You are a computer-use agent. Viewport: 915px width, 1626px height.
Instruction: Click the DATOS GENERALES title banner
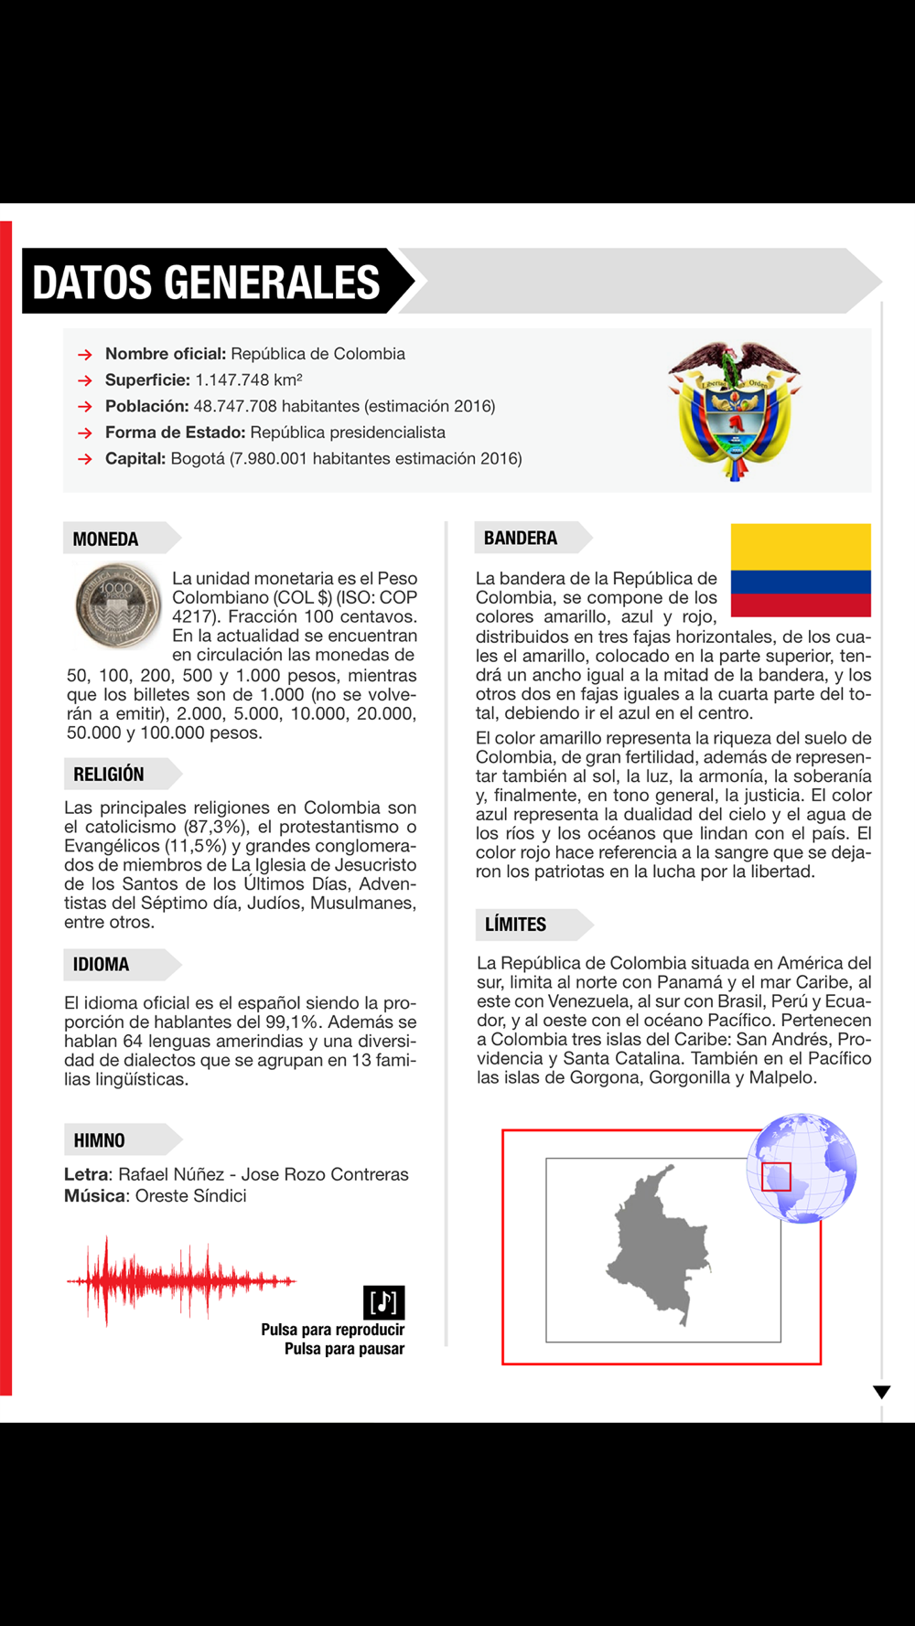(x=207, y=282)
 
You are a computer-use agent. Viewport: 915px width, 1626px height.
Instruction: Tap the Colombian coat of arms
(x=734, y=411)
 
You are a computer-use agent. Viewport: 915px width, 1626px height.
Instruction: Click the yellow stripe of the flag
(x=801, y=546)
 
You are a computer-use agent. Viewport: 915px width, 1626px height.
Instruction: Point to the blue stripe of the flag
(x=801, y=582)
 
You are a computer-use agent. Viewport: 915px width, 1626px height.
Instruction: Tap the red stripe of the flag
(x=801, y=604)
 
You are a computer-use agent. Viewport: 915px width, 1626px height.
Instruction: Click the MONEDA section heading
(x=106, y=539)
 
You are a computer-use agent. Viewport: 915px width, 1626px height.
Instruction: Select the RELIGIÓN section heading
(x=109, y=775)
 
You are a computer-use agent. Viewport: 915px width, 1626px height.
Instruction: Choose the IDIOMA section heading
(x=102, y=965)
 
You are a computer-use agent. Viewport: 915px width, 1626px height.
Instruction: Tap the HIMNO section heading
(x=100, y=1140)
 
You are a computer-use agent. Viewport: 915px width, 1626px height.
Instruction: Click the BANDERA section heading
(x=521, y=538)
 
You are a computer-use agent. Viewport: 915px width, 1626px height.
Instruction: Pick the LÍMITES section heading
(x=516, y=925)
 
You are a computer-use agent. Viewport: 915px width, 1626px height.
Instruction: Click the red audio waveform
(x=180, y=1280)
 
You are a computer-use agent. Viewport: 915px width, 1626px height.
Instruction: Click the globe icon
(x=802, y=1168)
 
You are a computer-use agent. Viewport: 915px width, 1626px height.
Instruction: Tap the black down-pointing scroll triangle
(x=881, y=1392)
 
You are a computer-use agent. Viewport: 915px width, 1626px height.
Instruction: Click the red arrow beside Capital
(x=85, y=459)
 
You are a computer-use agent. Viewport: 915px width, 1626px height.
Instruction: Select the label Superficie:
(x=147, y=380)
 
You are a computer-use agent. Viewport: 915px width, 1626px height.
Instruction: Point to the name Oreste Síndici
(x=190, y=1196)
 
